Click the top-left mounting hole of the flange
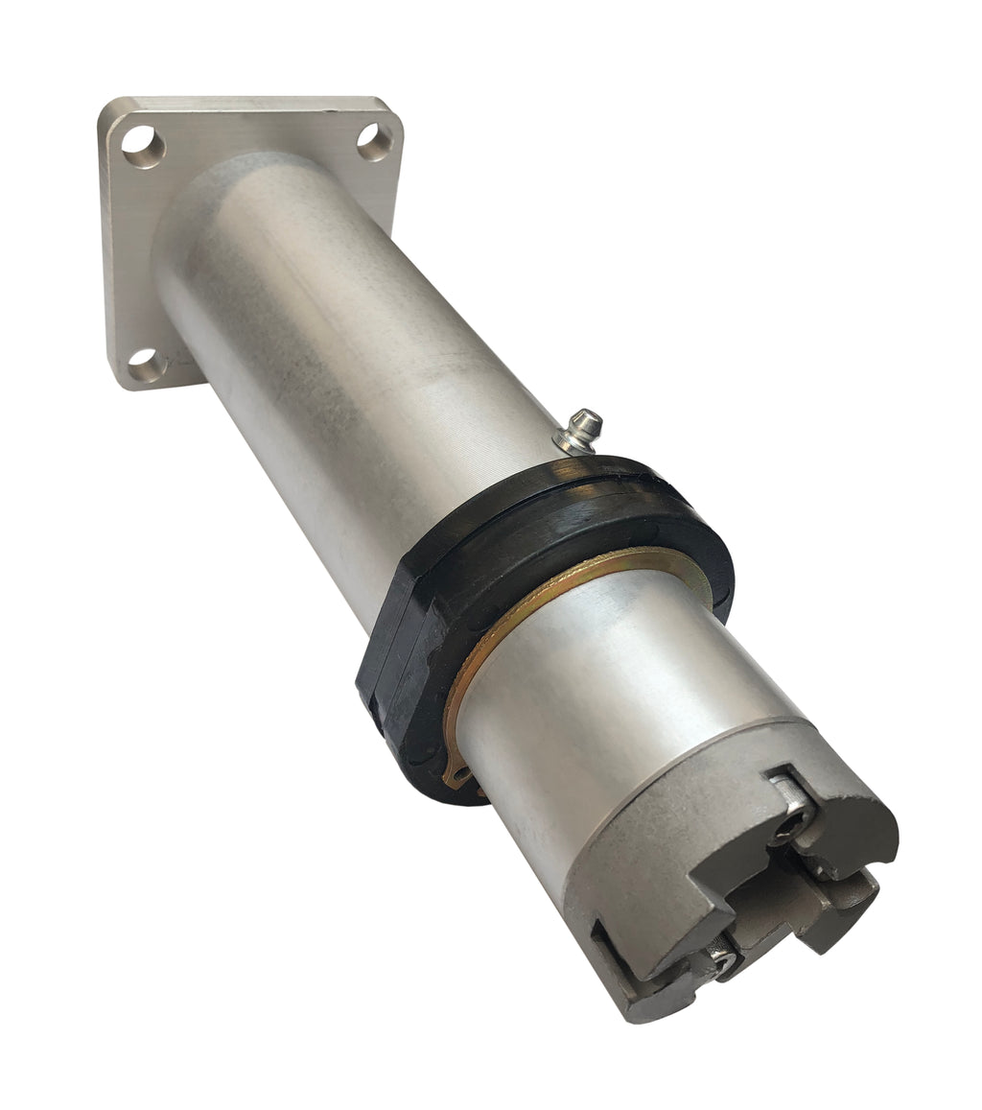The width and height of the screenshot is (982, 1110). coord(143,147)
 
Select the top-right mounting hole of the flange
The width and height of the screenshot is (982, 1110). coord(374,142)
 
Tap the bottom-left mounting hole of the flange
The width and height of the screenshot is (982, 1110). coord(146,364)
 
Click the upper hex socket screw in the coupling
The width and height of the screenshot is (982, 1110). coord(794,823)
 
